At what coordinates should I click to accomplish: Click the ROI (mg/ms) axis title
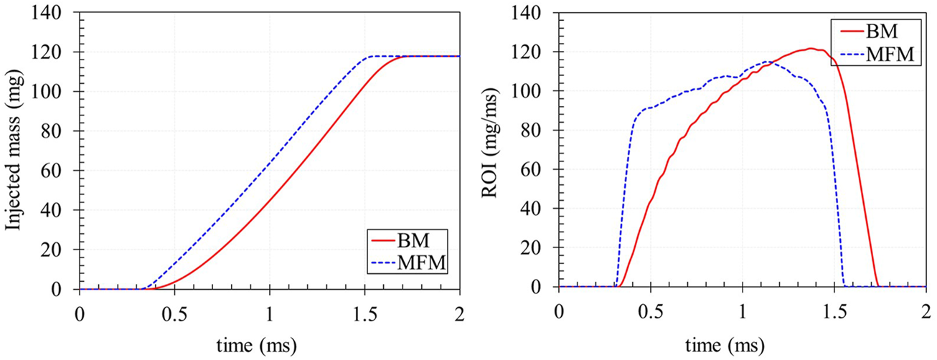(x=494, y=151)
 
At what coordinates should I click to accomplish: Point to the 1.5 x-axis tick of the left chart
(x=364, y=314)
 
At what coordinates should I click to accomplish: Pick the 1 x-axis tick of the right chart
(x=743, y=313)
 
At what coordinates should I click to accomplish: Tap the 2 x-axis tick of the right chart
(x=926, y=313)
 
